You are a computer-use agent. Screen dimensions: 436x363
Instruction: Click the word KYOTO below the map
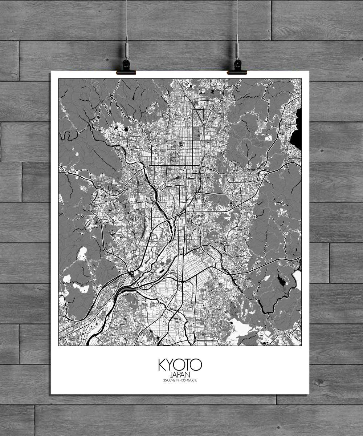tap(180, 365)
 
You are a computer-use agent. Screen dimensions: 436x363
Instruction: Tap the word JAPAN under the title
tap(180, 374)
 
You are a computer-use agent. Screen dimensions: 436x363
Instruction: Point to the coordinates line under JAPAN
tap(180, 380)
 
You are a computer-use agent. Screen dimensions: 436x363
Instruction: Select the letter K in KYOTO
tap(162, 365)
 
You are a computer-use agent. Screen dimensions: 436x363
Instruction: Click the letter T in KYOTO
tap(188, 365)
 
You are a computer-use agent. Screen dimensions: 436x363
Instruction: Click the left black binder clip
tap(126, 67)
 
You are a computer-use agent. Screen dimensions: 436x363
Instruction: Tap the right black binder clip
tap(237, 67)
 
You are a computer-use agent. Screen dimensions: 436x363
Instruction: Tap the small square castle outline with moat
tap(180, 145)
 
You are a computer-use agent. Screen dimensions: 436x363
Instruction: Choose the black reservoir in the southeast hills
tap(281, 280)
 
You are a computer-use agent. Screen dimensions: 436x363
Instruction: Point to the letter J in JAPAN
tap(171, 374)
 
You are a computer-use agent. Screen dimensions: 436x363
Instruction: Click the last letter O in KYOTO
tap(197, 365)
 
